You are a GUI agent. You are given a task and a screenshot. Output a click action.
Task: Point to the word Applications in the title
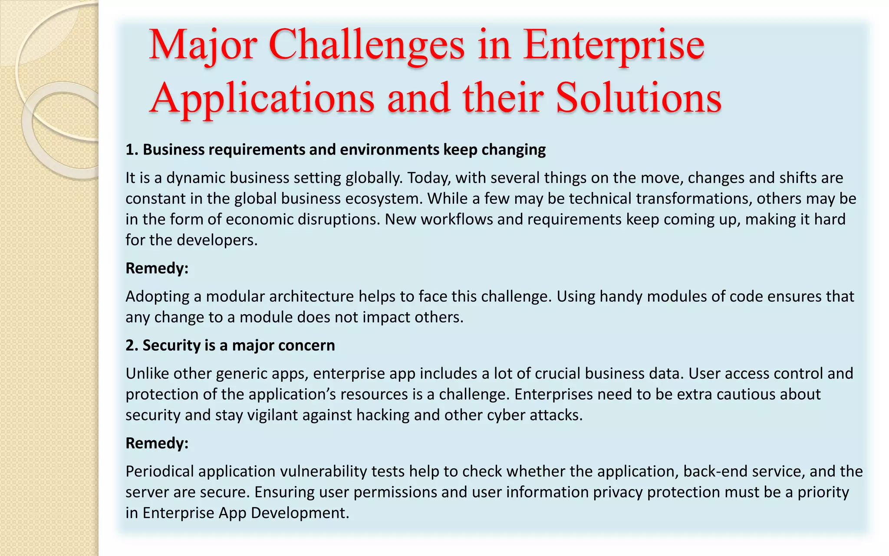[262, 99]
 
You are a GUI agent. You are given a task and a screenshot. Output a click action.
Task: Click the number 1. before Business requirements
[132, 149]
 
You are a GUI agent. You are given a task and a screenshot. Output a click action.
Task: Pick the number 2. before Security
[132, 345]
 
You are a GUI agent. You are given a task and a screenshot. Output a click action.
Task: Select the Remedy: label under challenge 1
[157, 268]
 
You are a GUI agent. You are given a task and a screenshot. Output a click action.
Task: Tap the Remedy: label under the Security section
[157, 443]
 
